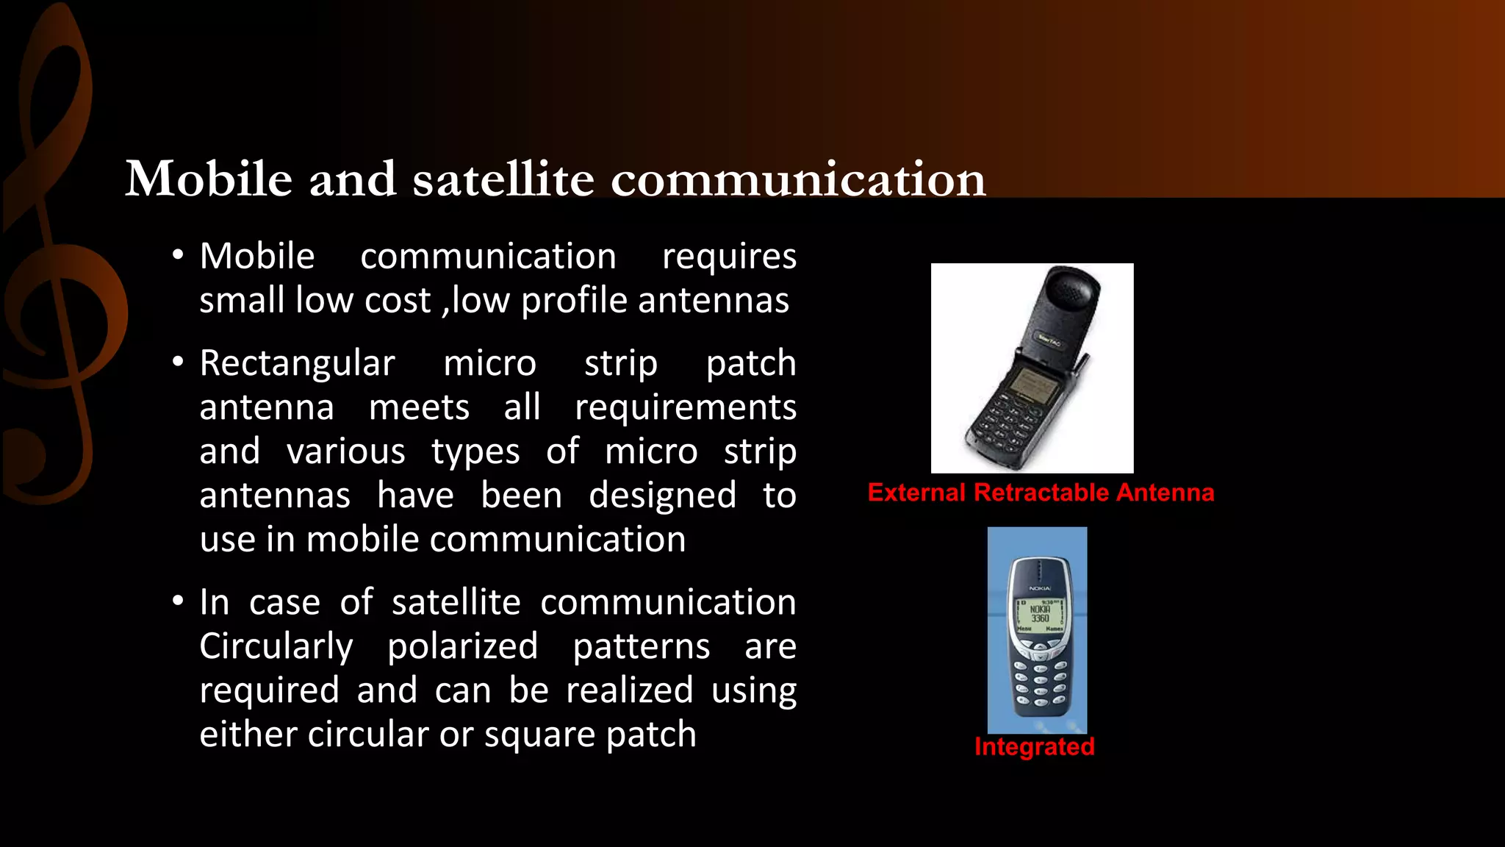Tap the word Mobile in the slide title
[x=209, y=179]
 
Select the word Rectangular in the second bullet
[x=298, y=363]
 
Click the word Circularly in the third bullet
[x=276, y=646]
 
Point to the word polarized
[x=463, y=646]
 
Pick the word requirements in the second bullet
[x=685, y=407]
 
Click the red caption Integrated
[x=1034, y=747]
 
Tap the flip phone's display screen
[x=1033, y=385]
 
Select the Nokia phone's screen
[x=1039, y=615]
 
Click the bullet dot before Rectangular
[x=177, y=362]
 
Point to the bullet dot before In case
[x=177, y=601]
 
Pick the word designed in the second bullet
[x=662, y=496]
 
